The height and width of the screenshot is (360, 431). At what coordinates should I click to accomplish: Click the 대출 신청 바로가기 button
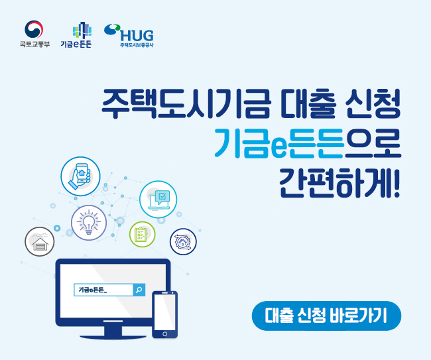click(x=326, y=316)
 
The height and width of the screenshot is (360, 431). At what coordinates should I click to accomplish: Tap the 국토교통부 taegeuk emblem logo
click(x=33, y=30)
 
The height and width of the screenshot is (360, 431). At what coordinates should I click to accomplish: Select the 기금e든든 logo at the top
click(x=81, y=35)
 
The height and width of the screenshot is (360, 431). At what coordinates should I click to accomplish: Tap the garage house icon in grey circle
click(x=40, y=242)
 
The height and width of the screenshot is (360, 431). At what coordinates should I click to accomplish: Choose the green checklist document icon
click(x=142, y=234)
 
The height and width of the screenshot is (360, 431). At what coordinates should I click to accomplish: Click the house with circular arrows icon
click(x=183, y=241)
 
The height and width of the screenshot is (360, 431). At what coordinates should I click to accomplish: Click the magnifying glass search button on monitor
click(x=139, y=290)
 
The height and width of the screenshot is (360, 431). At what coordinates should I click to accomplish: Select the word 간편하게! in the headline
click(x=341, y=180)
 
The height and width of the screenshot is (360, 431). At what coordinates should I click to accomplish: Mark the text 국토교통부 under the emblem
click(x=33, y=46)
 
